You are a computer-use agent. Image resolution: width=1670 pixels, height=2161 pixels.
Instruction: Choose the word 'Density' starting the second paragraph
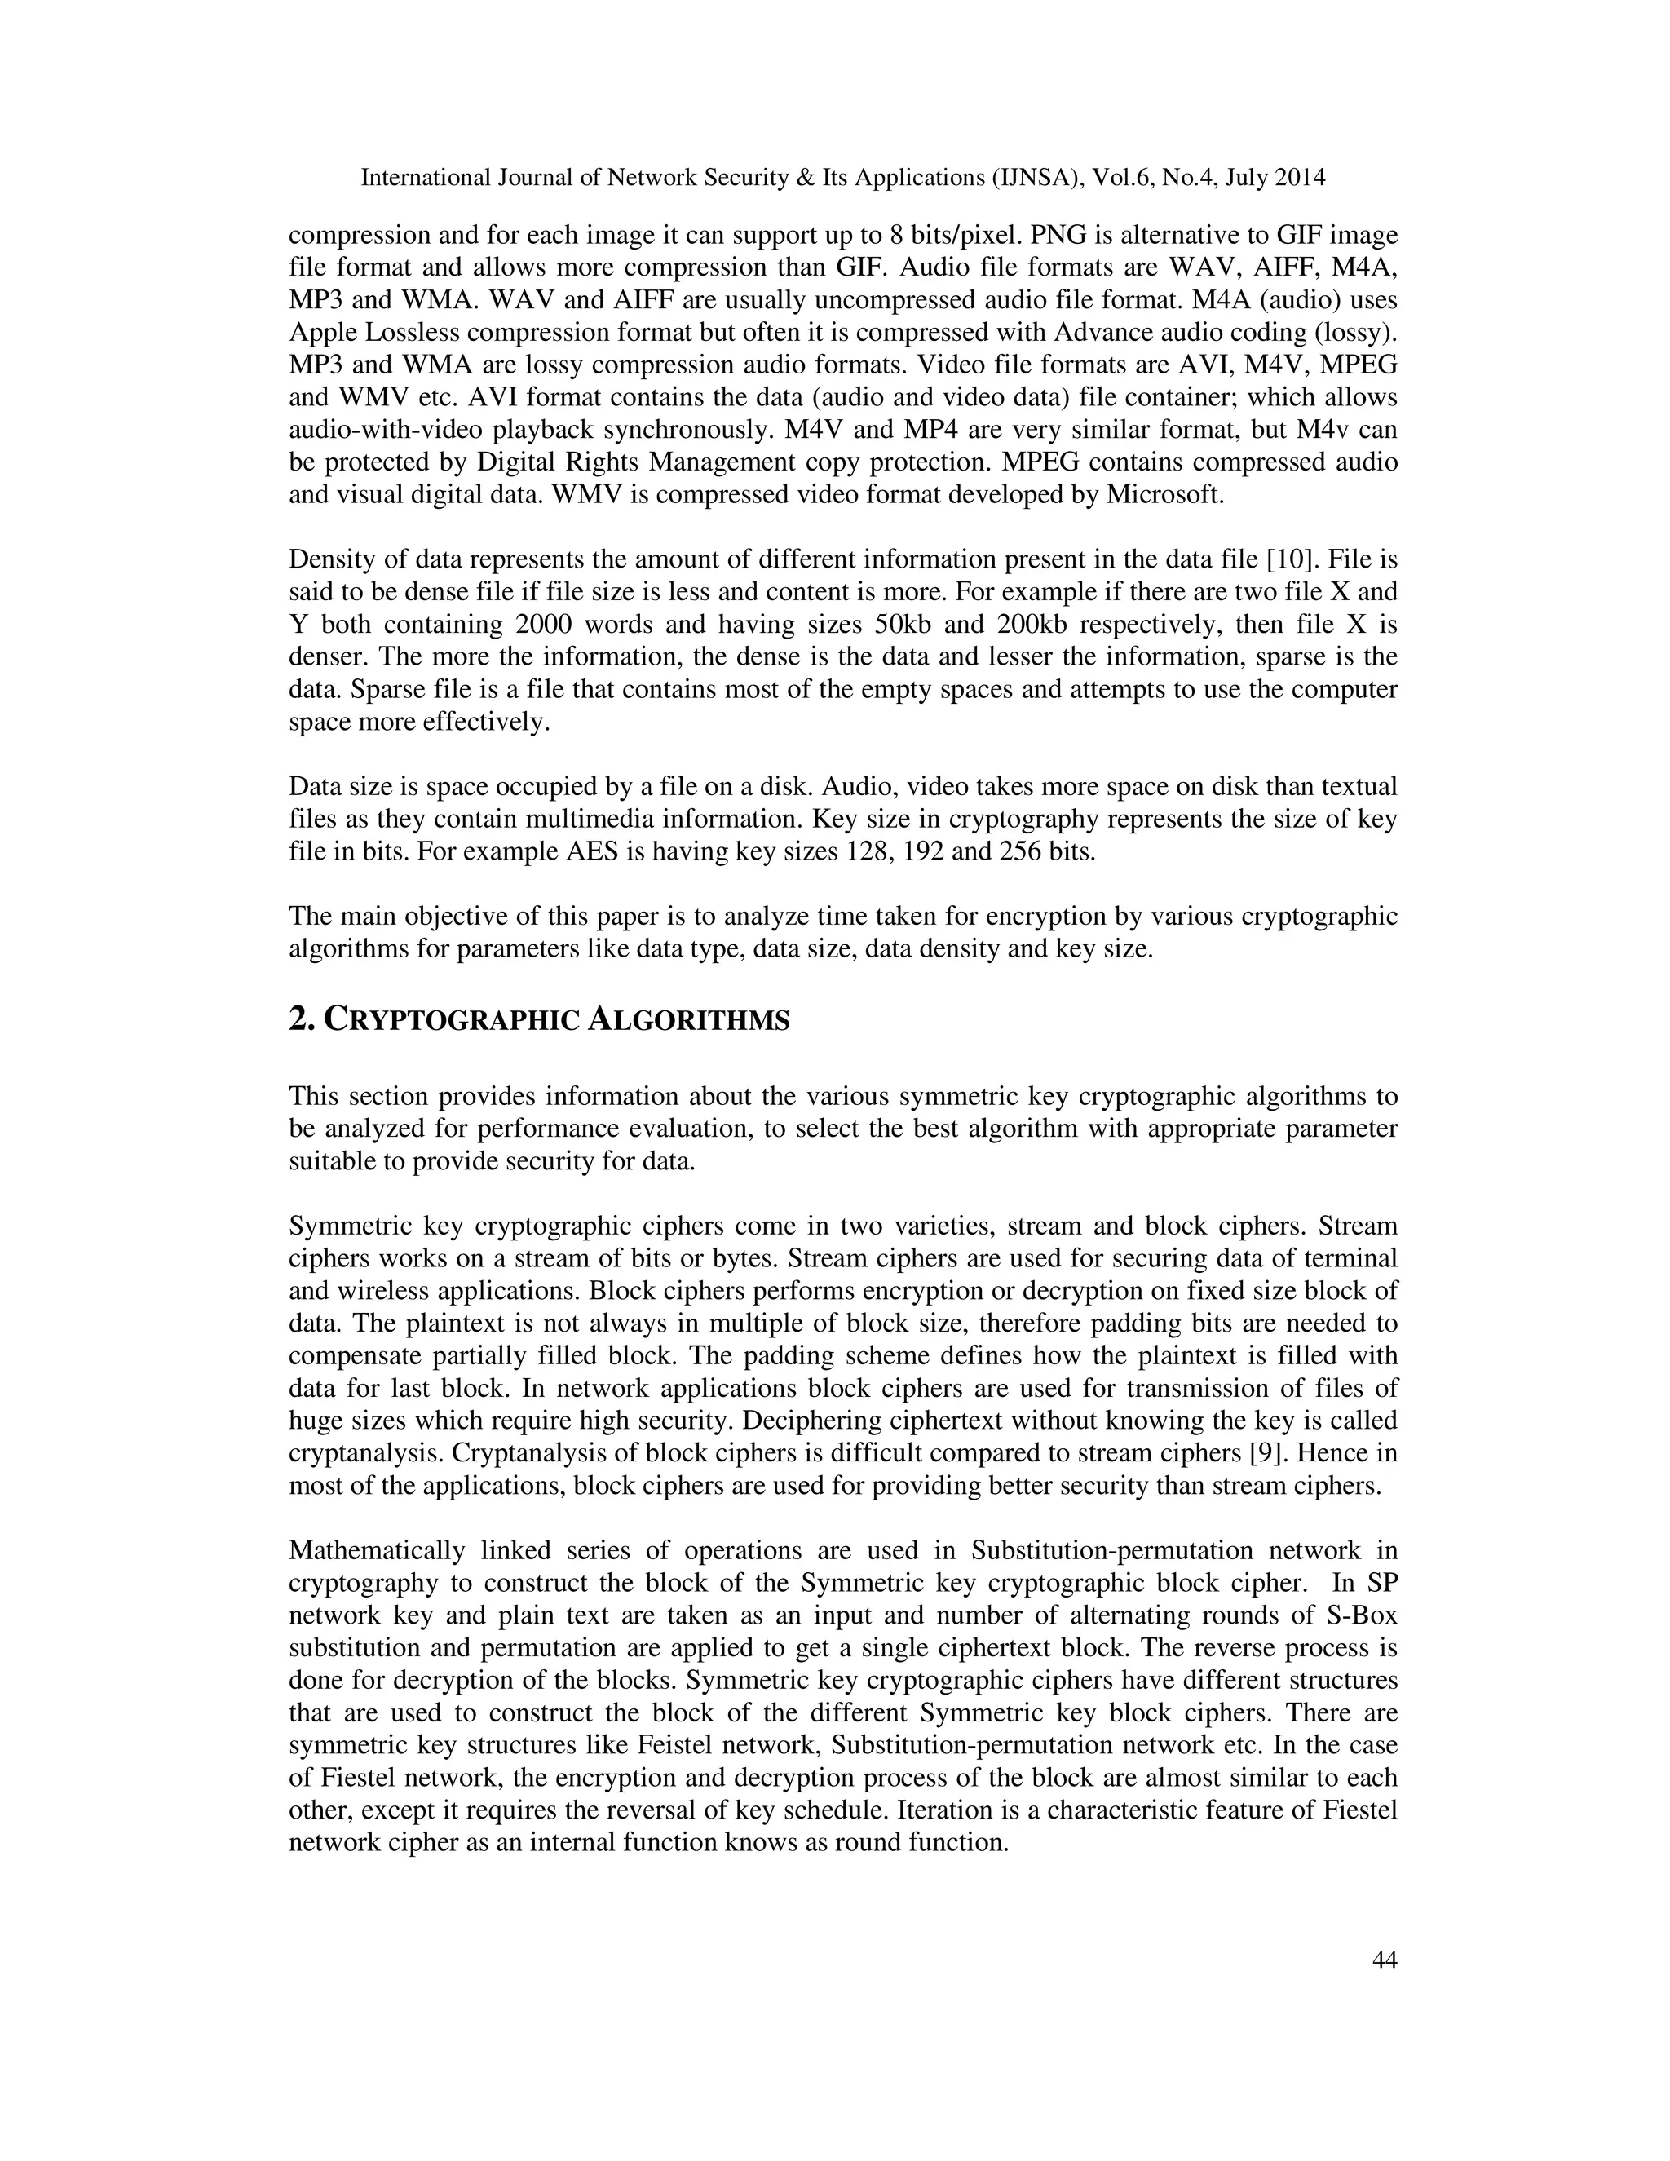point(329,560)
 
